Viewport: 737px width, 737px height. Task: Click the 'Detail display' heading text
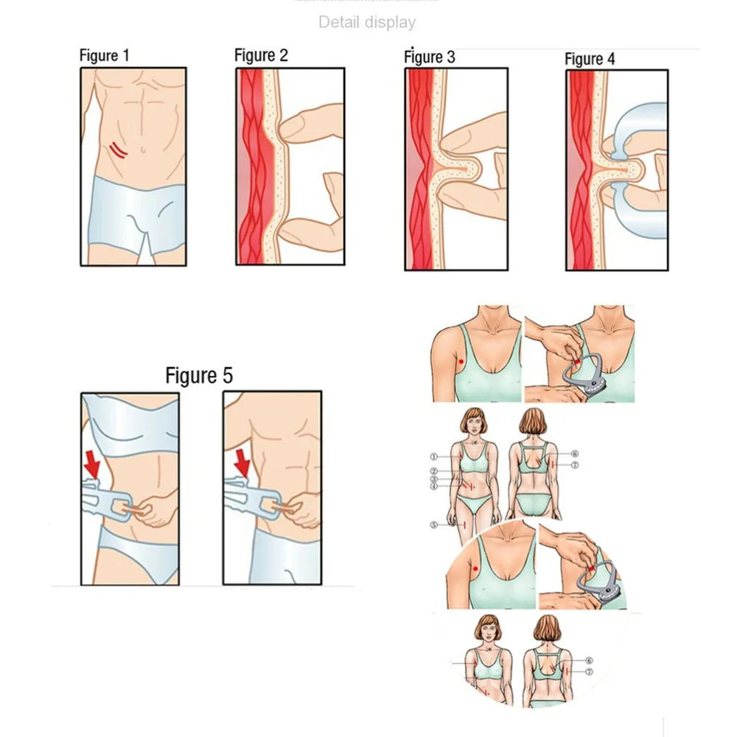click(366, 23)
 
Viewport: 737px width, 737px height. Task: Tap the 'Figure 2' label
click(261, 55)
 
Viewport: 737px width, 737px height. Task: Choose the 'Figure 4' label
click(590, 59)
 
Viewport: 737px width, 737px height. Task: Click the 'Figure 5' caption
click(199, 375)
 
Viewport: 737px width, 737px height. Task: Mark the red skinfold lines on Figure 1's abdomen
click(118, 151)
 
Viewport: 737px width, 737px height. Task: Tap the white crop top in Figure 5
click(133, 420)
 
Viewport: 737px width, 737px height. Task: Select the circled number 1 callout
click(435, 457)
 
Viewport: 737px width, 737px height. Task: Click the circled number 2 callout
click(435, 471)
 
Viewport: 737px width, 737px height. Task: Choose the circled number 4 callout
click(435, 486)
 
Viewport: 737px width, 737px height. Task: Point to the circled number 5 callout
click(435, 525)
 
